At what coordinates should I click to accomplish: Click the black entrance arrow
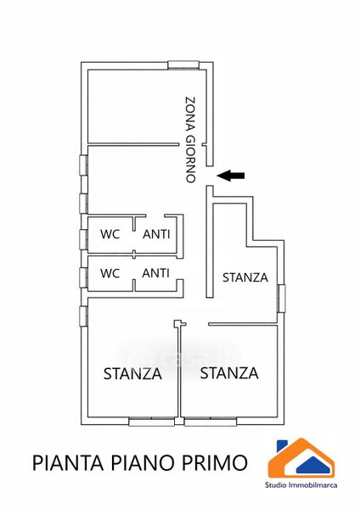pos(231,176)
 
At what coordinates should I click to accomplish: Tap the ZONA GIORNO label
pos(191,140)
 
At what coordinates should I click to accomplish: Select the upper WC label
pos(110,234)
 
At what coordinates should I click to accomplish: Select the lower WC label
pos(110,273)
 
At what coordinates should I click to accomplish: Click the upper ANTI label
pos(156,234)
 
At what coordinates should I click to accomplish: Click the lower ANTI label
pos(156,273)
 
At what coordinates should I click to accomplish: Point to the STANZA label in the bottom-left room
pos(132,374)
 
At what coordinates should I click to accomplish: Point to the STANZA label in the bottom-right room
pos(229,373)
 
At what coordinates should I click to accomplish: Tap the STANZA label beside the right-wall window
pos(245,277)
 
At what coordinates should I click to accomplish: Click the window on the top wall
pos(183,65)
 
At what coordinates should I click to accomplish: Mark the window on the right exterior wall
pos(281,299)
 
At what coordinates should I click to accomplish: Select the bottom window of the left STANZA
pos(151,422)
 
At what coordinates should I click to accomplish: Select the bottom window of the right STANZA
pos(211,422)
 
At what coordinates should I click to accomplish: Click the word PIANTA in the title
pos(68,463)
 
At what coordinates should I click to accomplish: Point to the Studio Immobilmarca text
pos(301,485)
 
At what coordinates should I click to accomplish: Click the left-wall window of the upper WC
pos(84,239)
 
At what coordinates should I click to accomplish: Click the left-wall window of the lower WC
pos(84,277)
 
